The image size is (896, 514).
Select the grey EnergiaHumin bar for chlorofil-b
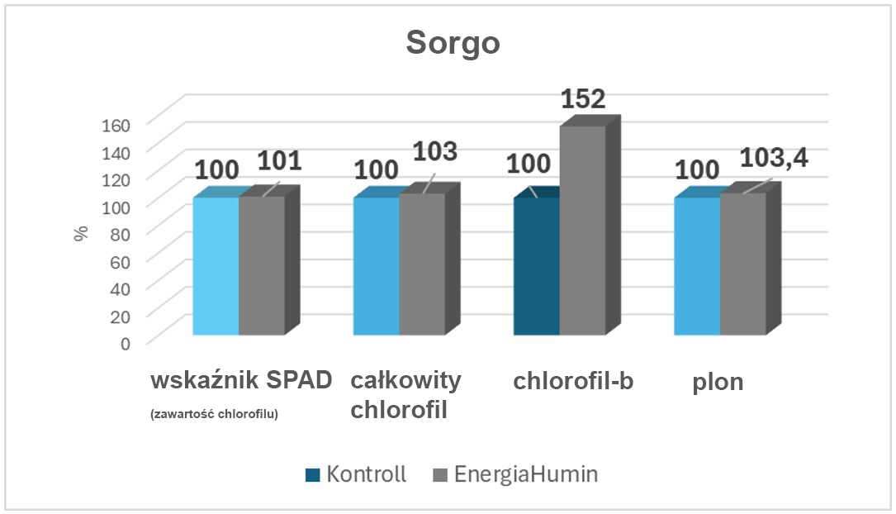(x=583, y=231)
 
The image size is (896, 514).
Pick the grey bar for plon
(x=742, y=264)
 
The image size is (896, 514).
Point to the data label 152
(x=583, y=100)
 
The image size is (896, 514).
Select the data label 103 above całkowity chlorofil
(x=434, y=153)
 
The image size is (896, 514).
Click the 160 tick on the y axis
(x=116, y=125)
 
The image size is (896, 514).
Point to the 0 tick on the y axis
(x=126, y=342)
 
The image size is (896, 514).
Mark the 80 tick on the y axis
(x=121, y=234)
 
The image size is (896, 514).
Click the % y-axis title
(x=81, y=233)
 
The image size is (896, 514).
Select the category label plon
(x=718, y=383)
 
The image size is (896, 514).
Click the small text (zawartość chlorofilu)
(x=215, y=414)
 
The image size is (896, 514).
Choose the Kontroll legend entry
(x=355, y=474)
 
